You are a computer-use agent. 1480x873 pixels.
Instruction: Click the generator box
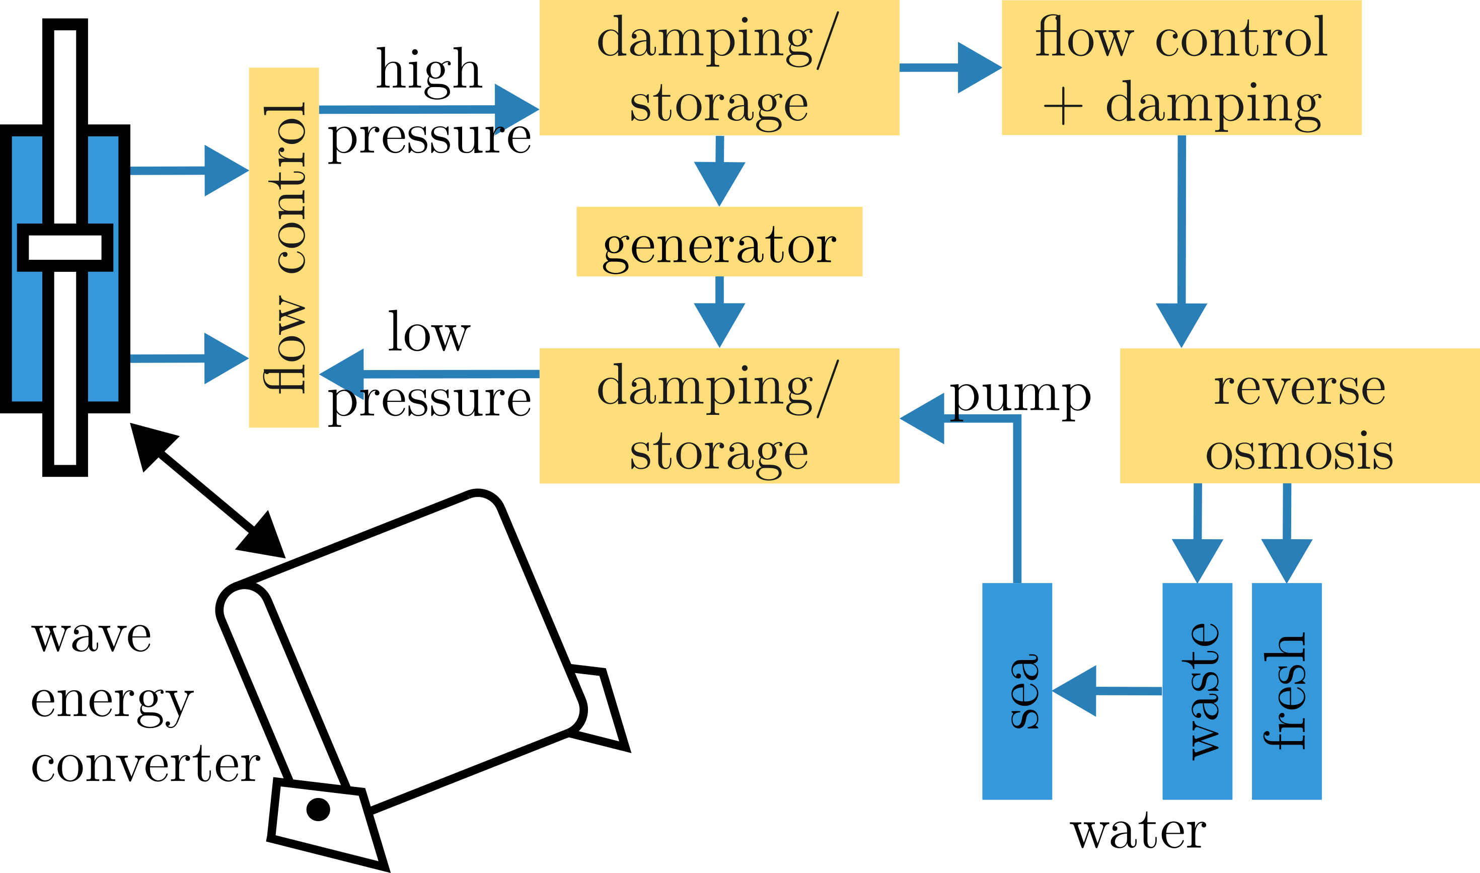point(719,242)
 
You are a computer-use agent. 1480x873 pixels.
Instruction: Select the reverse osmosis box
point(1299,416)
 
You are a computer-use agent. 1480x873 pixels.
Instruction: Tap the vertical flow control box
point(283,247)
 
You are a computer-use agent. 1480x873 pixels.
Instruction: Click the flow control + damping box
point(1181,67)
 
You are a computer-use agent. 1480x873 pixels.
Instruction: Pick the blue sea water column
point(1017,691)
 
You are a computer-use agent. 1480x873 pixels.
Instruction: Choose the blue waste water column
point(1197,691)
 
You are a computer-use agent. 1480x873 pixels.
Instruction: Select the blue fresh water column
point(1287,691)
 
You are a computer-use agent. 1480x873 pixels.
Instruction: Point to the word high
point(429,70)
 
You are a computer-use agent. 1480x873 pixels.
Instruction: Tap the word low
point(429,333)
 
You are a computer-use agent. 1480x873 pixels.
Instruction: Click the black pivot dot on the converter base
point(318,810)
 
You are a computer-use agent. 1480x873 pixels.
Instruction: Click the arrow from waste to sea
point(1106,691)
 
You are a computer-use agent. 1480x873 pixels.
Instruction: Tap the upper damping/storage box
point(719,67)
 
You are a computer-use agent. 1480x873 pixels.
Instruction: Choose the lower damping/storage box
point(719,416)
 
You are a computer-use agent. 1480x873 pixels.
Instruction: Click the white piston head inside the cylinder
point(65,247)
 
